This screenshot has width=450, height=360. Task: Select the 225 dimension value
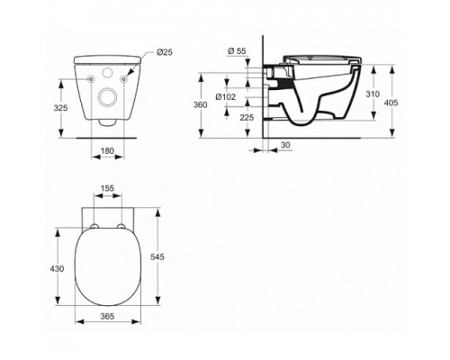(x=247, y=115)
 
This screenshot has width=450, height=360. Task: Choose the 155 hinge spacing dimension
(x=107, y=191)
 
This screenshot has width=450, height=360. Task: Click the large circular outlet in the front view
(x=107, y=96)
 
